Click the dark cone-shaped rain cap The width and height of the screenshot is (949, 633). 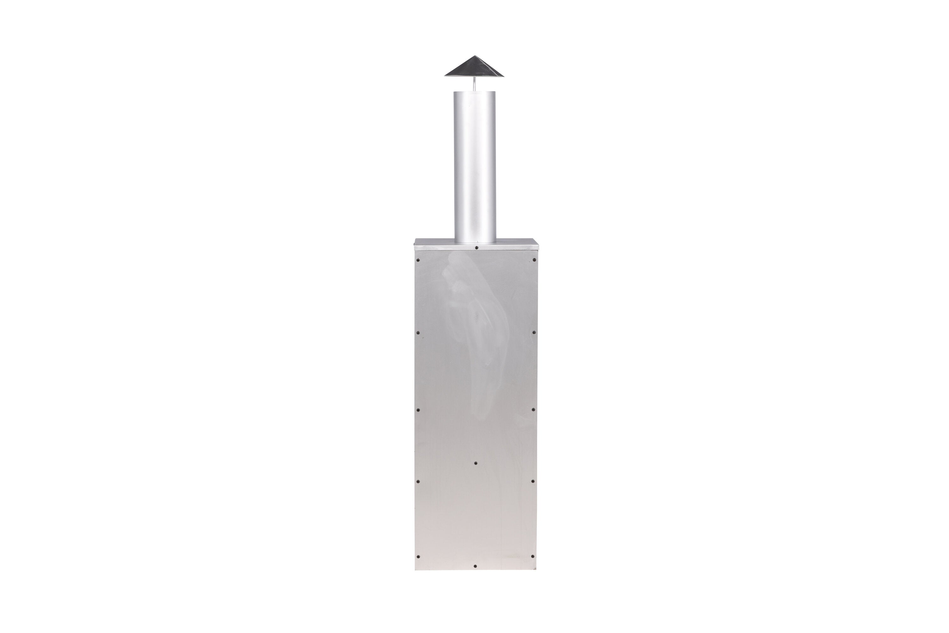click(x=475, y=69)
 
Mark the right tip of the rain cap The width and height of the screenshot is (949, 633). click(x=504, y=76)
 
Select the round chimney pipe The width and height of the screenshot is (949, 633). click(x=475, y=165)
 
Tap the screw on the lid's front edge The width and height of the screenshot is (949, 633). click(x=476, y=247)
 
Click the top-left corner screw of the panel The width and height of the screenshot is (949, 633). click(x=418, y=260)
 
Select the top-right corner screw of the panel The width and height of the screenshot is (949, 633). click(x=534, y=260)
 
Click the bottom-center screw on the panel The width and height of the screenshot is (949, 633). click(x=475, y=566)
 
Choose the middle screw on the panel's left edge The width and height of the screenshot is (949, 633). click(x=418, y=410)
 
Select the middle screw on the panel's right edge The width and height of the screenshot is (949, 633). click(x=533, y=409)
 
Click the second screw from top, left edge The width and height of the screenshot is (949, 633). click(x=418, y=333)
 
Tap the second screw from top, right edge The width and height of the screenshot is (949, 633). click(x=534, y=333)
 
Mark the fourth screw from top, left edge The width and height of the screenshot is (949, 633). click(x=418, y=481)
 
